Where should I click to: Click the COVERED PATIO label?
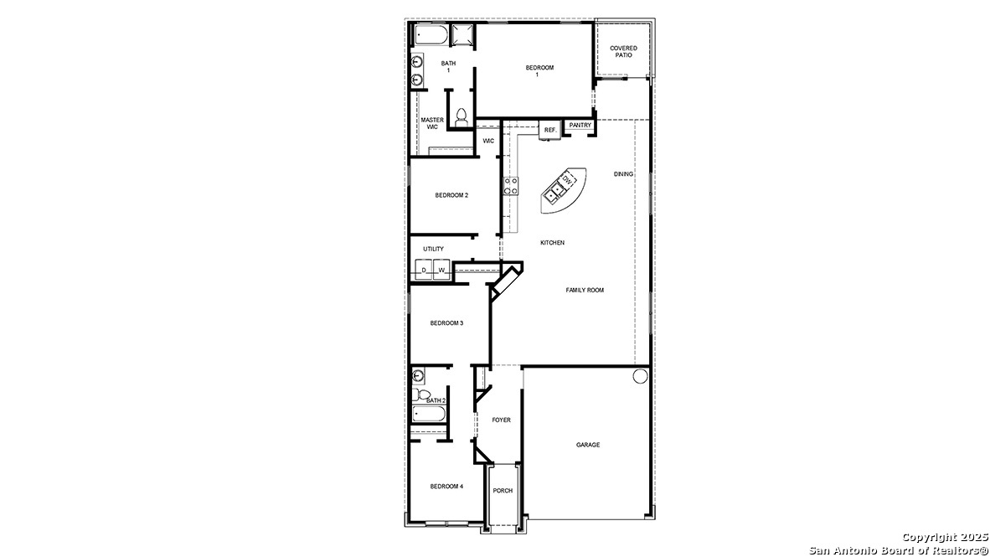(x=623, y=51)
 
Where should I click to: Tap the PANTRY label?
(x=580, y=125)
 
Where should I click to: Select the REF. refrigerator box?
(x=549, y=130)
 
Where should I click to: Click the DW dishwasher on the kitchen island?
(x=567, y=181)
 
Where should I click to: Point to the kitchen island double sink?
(x=554, y=195)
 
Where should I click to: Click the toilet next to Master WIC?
(x=461, y=118)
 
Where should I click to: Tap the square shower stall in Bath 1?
(x=461, y=34)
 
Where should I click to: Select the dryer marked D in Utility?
(x=424, y=270)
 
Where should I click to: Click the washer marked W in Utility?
(x=441, y=270)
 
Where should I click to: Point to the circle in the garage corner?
(x=640, y=376)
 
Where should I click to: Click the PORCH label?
(x=503, y=491)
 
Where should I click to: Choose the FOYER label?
(x=501, y=420)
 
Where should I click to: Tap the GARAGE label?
(x=587, y=445)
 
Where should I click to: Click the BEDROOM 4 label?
(x=446, y=486)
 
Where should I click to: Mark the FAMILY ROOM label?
(x=585, y=290)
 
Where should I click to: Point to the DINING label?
(x=623, y=174)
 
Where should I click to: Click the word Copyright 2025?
(x=944, y=537)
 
